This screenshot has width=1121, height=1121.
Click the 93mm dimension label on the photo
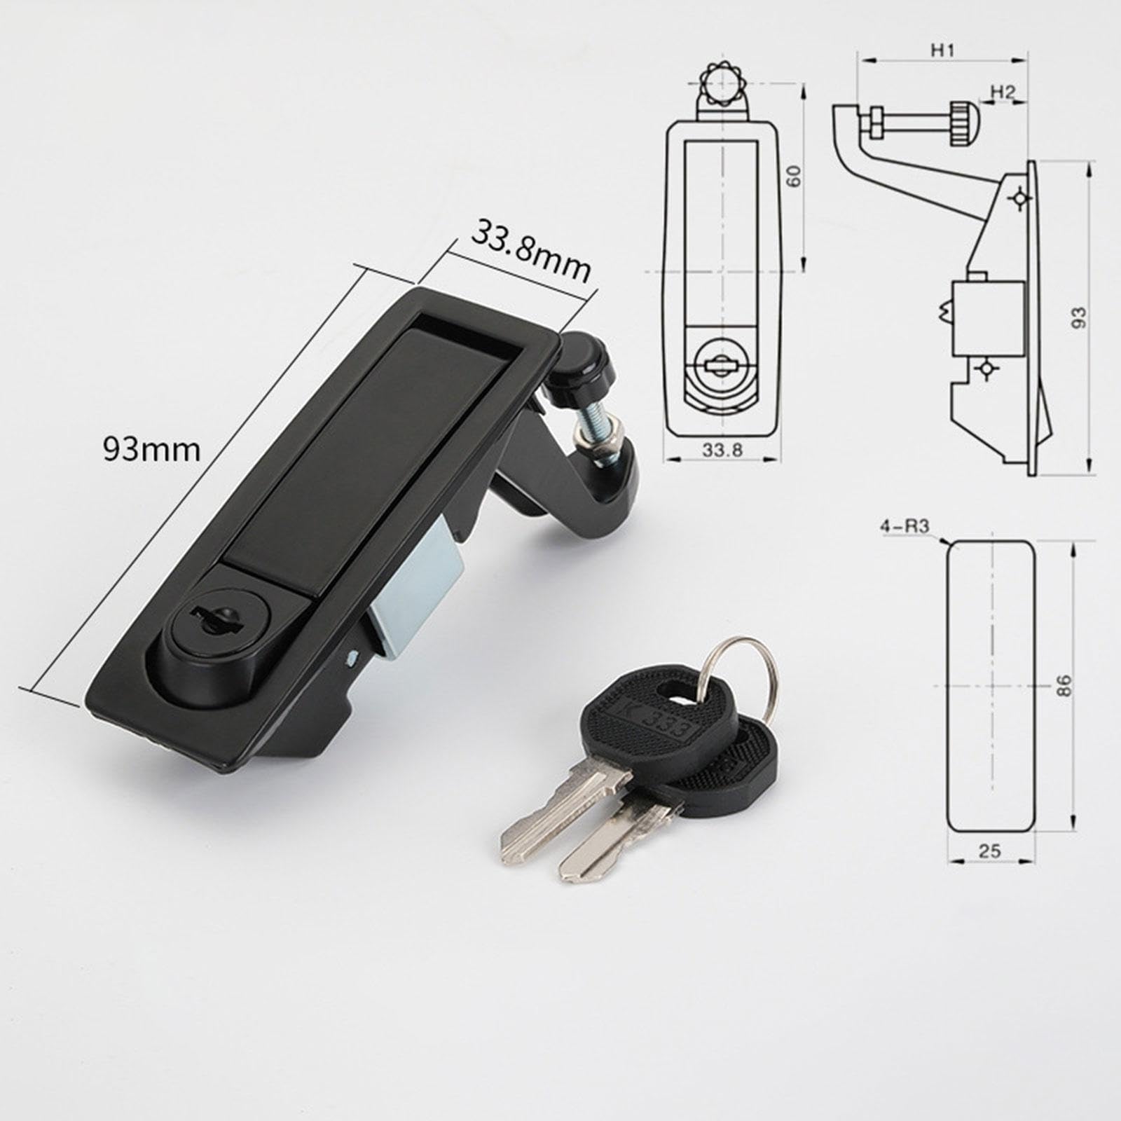click(152, 449)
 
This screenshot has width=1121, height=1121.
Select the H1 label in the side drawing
click(942, 50)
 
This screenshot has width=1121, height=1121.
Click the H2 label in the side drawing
click(1002, 91)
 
